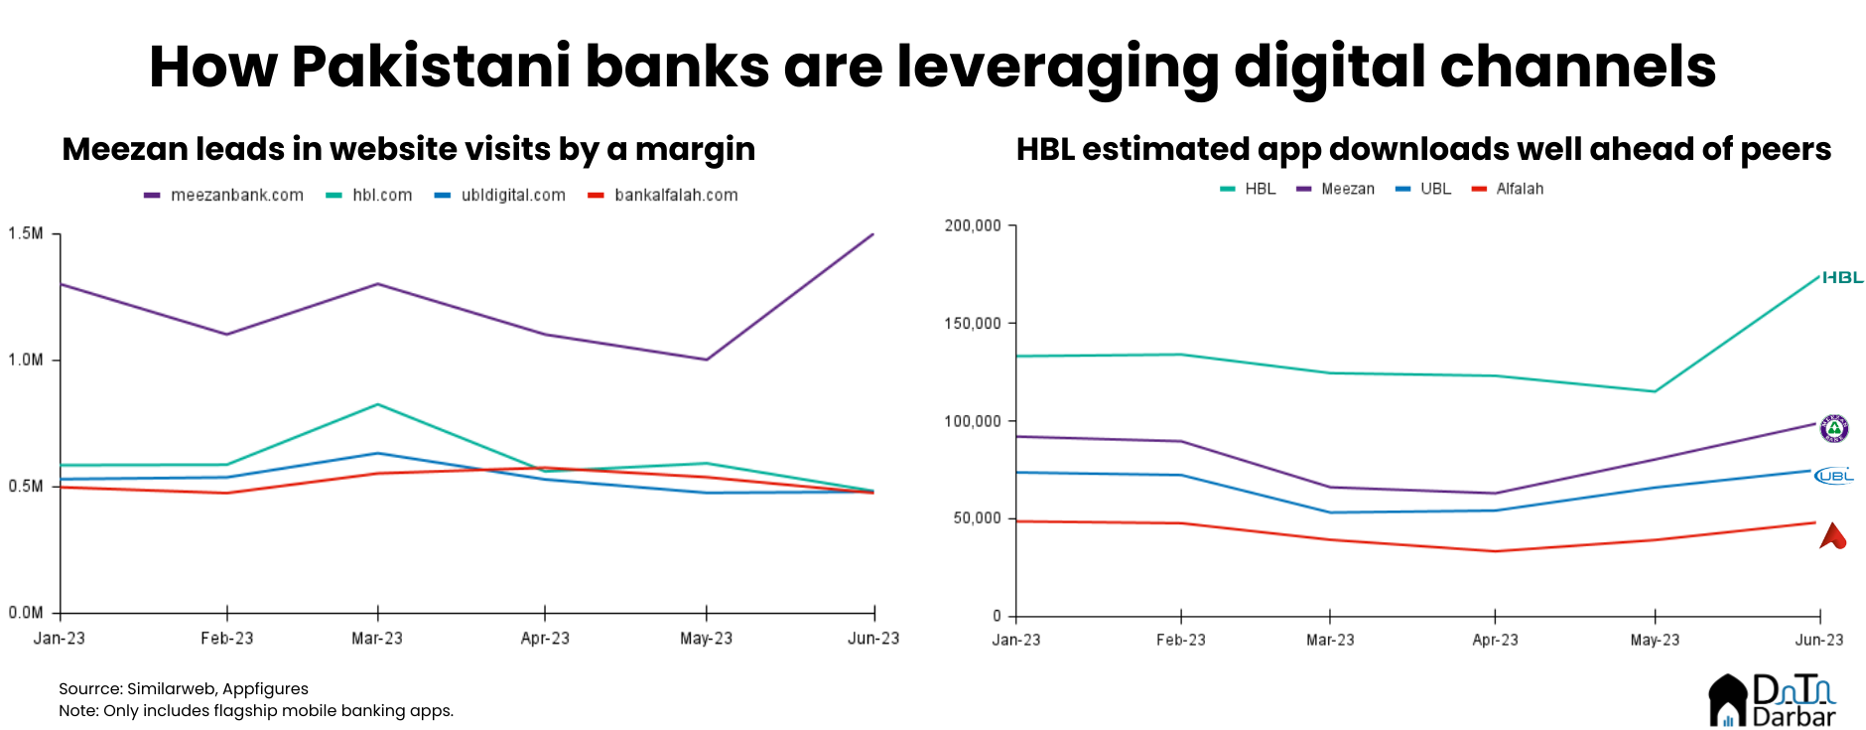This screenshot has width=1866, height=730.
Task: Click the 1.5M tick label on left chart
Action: point(26,233)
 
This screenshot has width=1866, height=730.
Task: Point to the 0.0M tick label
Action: point(26,613)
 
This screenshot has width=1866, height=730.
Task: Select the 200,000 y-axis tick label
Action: point(973,225)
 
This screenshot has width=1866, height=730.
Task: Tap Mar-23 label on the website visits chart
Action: point(377,639)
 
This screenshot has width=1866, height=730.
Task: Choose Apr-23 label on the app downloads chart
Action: point(1495,641)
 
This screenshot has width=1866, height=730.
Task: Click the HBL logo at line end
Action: point(1842,278)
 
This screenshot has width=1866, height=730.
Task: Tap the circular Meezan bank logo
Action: point(1834,429)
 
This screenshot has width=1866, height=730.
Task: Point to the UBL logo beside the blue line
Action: point(1834,476)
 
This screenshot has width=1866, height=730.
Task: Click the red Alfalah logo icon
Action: point(1832,537)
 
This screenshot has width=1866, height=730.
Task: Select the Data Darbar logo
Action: point(1772,700)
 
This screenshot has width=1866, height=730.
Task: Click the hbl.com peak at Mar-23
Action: point(377,404)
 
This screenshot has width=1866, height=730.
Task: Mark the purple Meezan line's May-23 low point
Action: point(706,360)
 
